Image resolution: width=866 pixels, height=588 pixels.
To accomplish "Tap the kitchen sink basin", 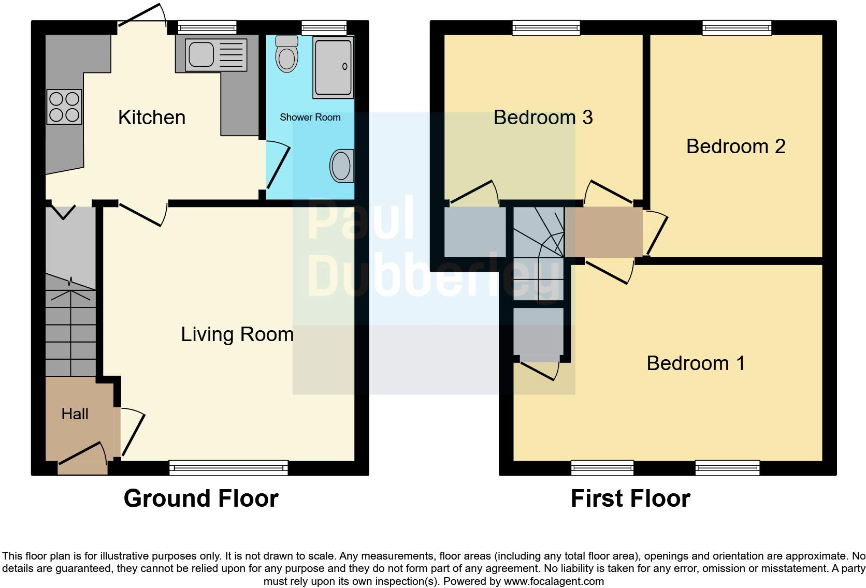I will (x=201, y=53).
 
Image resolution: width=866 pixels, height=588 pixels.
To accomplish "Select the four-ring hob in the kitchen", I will (x=64, y=107).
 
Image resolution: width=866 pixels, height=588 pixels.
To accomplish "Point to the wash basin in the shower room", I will (x=341, y=166).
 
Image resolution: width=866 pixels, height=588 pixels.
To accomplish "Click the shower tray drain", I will (x=345, y=66).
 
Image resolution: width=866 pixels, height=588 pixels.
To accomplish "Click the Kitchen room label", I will (x=152, y=117).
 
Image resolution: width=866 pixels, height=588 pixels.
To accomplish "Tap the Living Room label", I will (x=237, y=334).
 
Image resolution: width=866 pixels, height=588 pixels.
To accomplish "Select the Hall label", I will (x=75, y=414).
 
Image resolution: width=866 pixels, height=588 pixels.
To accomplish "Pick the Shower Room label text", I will (x=310, y=117).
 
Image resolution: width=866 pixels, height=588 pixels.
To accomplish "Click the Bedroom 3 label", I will (x=543, y=117).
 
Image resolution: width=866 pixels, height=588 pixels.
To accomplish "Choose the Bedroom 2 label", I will (x=735, y=146).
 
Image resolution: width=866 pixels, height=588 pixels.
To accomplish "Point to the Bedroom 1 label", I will (x=696, y=363).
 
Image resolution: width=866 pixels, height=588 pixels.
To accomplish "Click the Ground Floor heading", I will (x=201, y=498).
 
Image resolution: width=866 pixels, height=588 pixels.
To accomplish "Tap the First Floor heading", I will (x=630, y=498).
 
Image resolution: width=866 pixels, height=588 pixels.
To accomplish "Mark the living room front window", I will (x=228, y=468).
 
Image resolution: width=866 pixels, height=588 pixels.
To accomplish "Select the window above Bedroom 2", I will (x=737, y=28).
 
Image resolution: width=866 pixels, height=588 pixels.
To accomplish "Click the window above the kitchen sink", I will (x=207, y=27).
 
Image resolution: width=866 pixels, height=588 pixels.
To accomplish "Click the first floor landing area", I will (x=603, y=232).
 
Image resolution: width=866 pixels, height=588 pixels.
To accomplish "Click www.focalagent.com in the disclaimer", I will (x=554, y=581).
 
